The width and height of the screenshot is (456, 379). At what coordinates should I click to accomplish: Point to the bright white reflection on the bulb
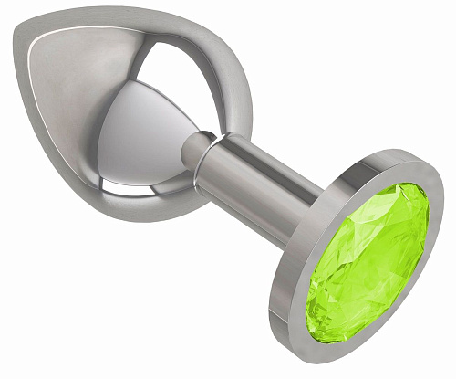146,137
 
